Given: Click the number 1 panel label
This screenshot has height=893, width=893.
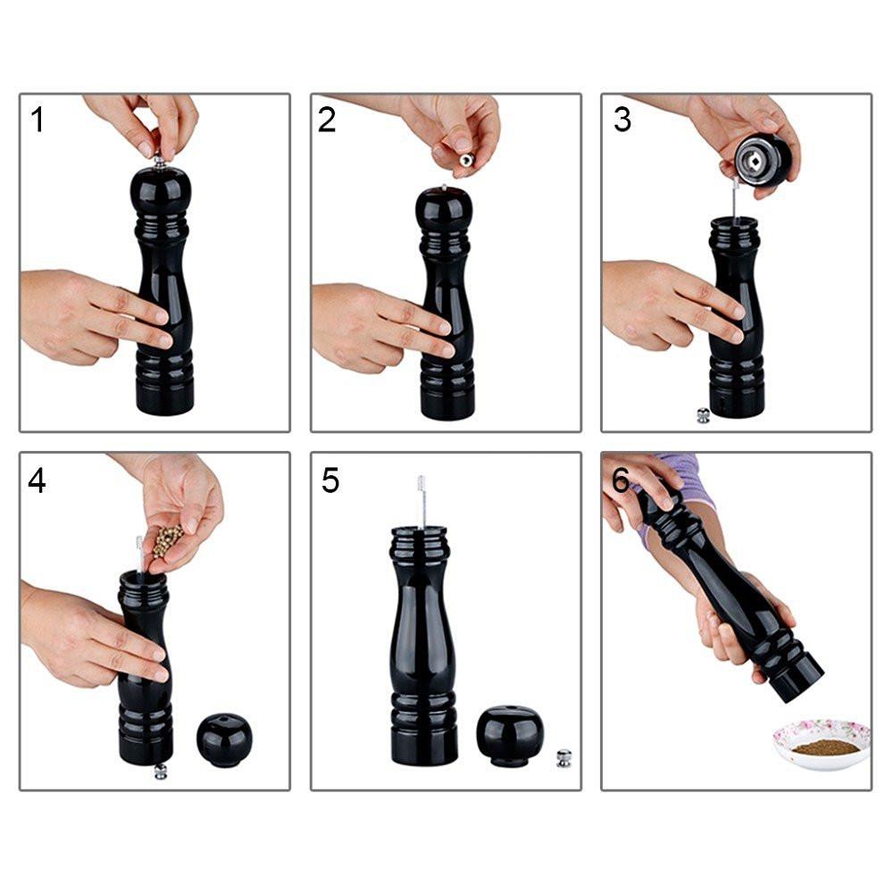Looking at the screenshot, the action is [x=38, y=121].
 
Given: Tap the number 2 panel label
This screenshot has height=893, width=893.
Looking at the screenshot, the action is [x=327, y=121].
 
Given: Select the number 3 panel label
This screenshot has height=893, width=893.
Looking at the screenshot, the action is [x=622, y=120].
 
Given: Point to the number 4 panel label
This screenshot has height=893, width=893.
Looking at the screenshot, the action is [x=37, y=480].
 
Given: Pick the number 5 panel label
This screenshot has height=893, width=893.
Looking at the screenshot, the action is [x=330, y=480].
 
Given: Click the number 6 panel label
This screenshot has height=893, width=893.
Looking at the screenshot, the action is [x=621, y=480].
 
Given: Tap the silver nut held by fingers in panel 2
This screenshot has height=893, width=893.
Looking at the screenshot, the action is [x=466, y=160].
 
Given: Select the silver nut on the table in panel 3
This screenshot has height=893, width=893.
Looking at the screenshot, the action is [x=704, y=415].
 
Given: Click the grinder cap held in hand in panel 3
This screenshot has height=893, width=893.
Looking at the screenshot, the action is [x=763, y=161].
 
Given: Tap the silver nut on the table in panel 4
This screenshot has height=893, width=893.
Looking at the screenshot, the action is [x=161, y=772].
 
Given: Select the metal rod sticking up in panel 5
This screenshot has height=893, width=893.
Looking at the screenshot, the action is [x=421, y=502].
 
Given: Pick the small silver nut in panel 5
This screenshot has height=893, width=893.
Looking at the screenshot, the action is [x=563, y=758].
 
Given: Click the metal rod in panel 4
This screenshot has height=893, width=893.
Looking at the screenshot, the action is [x=139, y=555].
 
